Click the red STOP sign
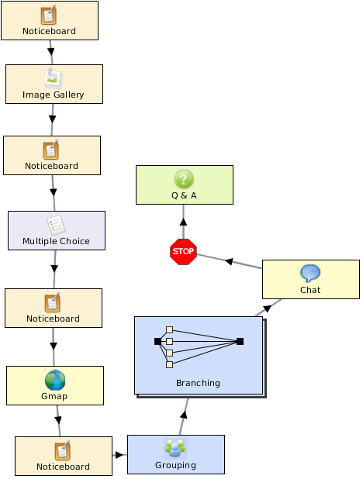pyautogui.click(x=183, y=251)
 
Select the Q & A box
pyautogui.click(x=185, y=184)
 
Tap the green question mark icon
pyautogui.click(x=184, y=179)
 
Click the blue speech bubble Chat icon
pyautogui.click(x=310, y=273)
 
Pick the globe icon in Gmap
pyautogui.click(x=55, y=380)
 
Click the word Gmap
pyautogui.click(x=54, y=396)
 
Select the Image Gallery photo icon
pyautogui.click(x=54, y=79)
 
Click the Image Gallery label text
pyautogui.click(x=54, y=95)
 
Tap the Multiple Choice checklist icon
pyautogui.click(x=56, y=225)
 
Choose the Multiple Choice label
pyautogui.click(x=57, y=241)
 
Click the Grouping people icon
pyautogui.click(x=175, y=448)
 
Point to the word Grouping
pyautogui.click(x=175, y=465)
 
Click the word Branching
pyautogui.click(x=198, y=383)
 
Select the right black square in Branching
pyautogui.click(x=240, y=341)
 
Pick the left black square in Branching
pyautogui.click(x=157, y=341)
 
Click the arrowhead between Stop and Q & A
pyautogui.click(x=183, y=222)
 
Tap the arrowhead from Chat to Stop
pyautogui.click(x=229, y=261)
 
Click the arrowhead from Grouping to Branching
pyautogui.click(x=184, y=415)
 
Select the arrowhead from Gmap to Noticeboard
pyautogui.click(x=58, y=420)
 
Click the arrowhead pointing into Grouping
pyautogui.click(x=119, y=455)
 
